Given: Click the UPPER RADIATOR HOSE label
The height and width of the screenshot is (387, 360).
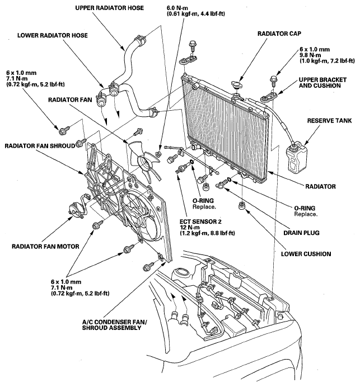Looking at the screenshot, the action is pos(110,8).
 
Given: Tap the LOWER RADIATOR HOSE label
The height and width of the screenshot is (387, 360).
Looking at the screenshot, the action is pos(53,35).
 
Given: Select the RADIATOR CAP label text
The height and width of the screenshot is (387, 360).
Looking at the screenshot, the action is pos(279,34).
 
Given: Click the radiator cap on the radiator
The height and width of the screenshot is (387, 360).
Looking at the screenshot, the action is pos(237,85).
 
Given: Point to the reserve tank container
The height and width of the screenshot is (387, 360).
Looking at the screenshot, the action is pos(296,158).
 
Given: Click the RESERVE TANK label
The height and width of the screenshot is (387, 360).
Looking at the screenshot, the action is pos(329,121).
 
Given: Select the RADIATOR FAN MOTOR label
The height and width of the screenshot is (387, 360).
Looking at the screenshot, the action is pos(45,246).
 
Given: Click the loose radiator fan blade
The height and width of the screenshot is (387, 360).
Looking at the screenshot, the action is pos(144,161).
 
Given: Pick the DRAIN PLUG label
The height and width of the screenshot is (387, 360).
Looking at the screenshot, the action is pos(301,233).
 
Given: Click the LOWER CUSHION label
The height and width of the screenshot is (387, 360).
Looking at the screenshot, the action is pos(306,254).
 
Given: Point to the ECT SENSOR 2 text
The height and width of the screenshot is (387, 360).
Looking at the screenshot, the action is pos(200,221).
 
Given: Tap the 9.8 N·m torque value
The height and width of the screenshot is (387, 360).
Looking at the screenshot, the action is pos(310,55).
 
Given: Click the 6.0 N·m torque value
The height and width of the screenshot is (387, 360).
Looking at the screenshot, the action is pos(177,8).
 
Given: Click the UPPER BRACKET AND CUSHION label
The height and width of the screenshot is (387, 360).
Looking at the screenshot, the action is pos(322,83).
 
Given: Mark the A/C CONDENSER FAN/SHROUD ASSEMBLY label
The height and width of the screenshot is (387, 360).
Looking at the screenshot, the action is pos(114,325).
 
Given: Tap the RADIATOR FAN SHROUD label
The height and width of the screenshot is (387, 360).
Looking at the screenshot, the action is pos(40,146).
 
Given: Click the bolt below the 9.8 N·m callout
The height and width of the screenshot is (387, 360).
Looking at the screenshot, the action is pos(274,81).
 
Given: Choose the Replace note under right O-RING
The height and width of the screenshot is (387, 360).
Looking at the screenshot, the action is pos(306,214).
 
